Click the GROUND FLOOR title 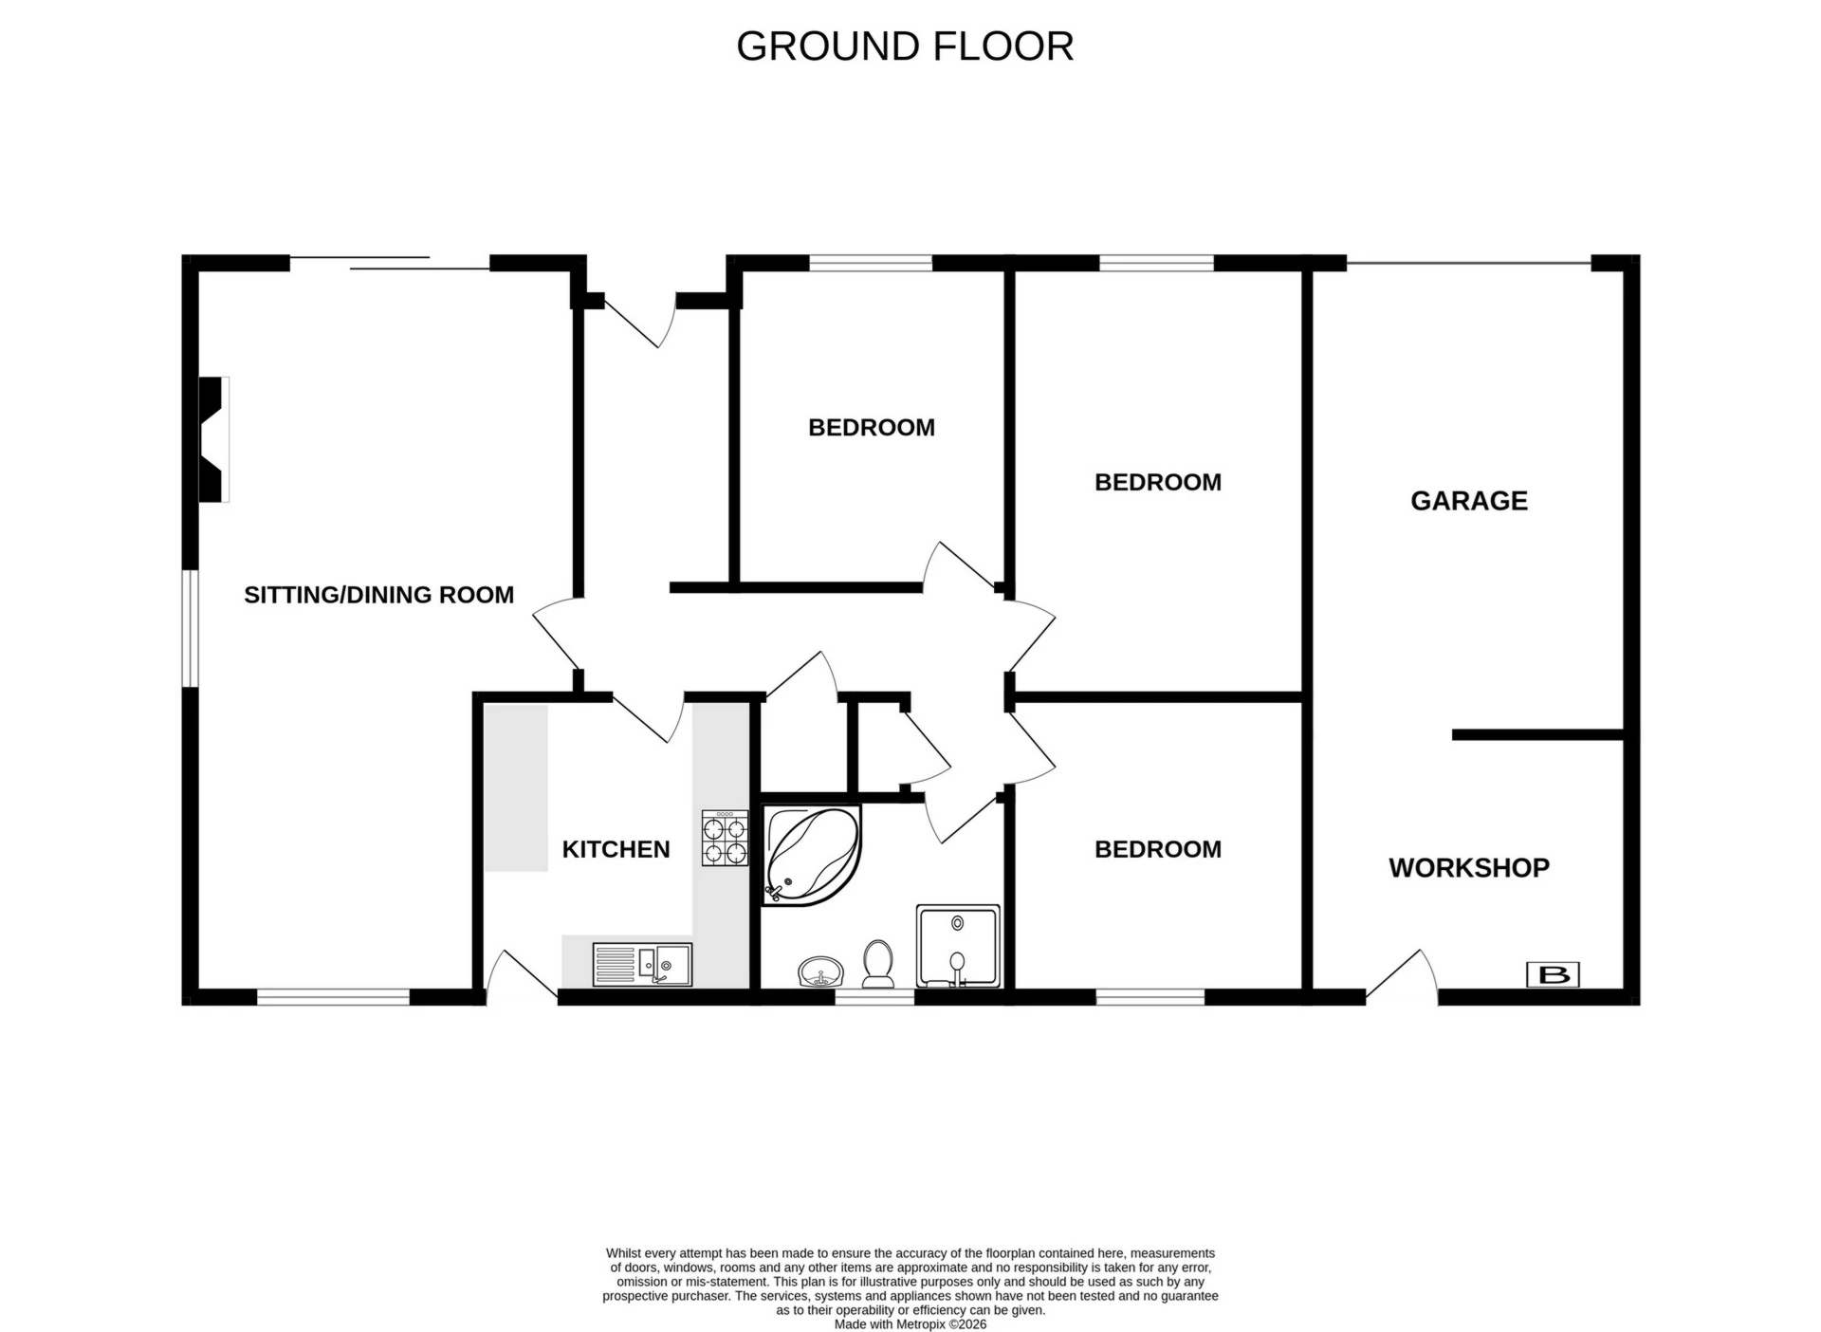tap(904, 46)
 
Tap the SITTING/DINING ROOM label tap(378, 595)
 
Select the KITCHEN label tap(616, 849)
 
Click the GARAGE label tap(1468, 501)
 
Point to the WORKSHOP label tap(1468, 867)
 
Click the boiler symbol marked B tap(1553, 974)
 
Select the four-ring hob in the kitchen tap(725, 839)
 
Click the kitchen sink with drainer tap(642, 964)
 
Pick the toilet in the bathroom tap(878, 964)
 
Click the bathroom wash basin tap(820, 972)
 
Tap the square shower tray tap(958, 946)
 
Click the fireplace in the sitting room tap(212, 439)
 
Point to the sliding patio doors tap(389, 263)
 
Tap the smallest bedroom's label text tap(871, 428)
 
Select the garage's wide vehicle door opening tap(1468, 264)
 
